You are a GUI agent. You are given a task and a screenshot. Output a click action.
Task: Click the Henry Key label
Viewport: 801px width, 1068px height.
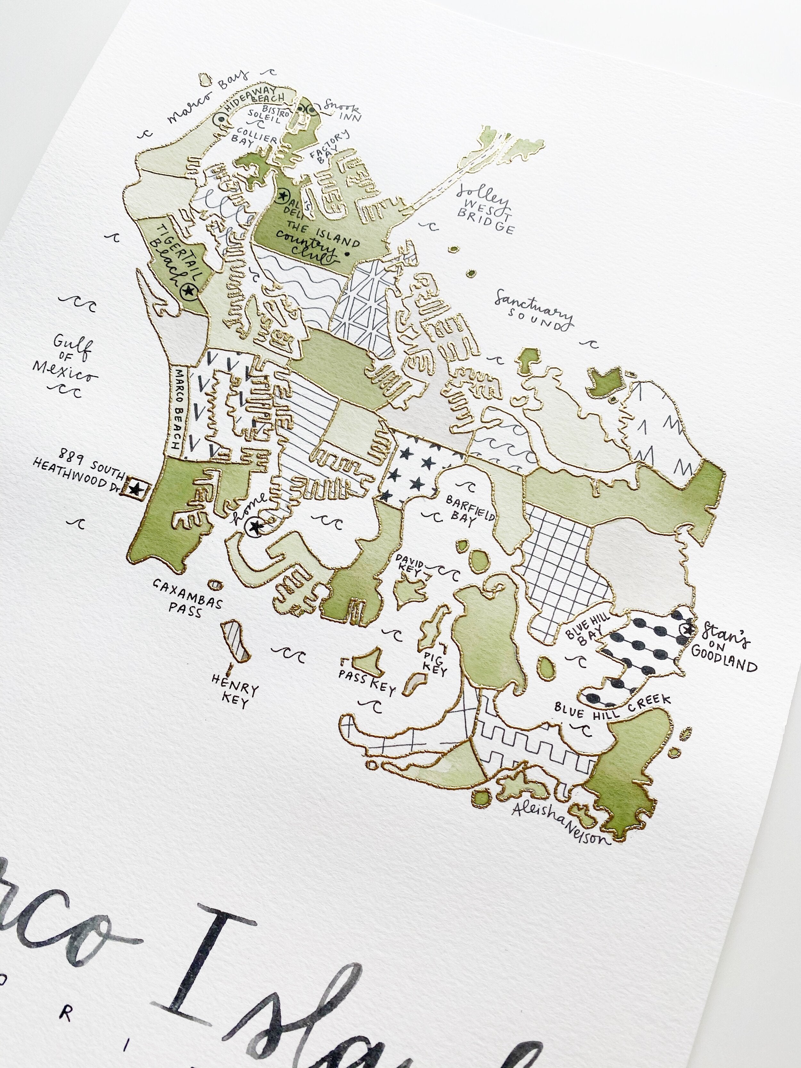pos(235,691)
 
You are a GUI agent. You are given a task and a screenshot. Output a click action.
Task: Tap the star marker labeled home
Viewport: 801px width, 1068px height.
pos(254,527)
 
